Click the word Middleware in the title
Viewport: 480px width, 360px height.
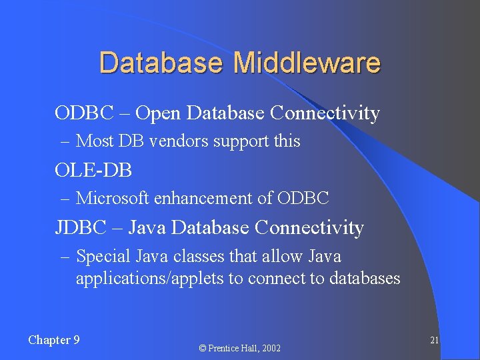307,63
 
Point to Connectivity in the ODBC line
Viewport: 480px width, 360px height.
325,113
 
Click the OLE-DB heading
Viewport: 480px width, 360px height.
93,171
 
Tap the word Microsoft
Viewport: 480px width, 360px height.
113,199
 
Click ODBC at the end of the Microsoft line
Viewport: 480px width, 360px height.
303,199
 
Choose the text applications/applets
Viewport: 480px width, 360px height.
150,279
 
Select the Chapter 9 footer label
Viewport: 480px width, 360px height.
54,340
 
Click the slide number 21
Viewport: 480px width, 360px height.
434,340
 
